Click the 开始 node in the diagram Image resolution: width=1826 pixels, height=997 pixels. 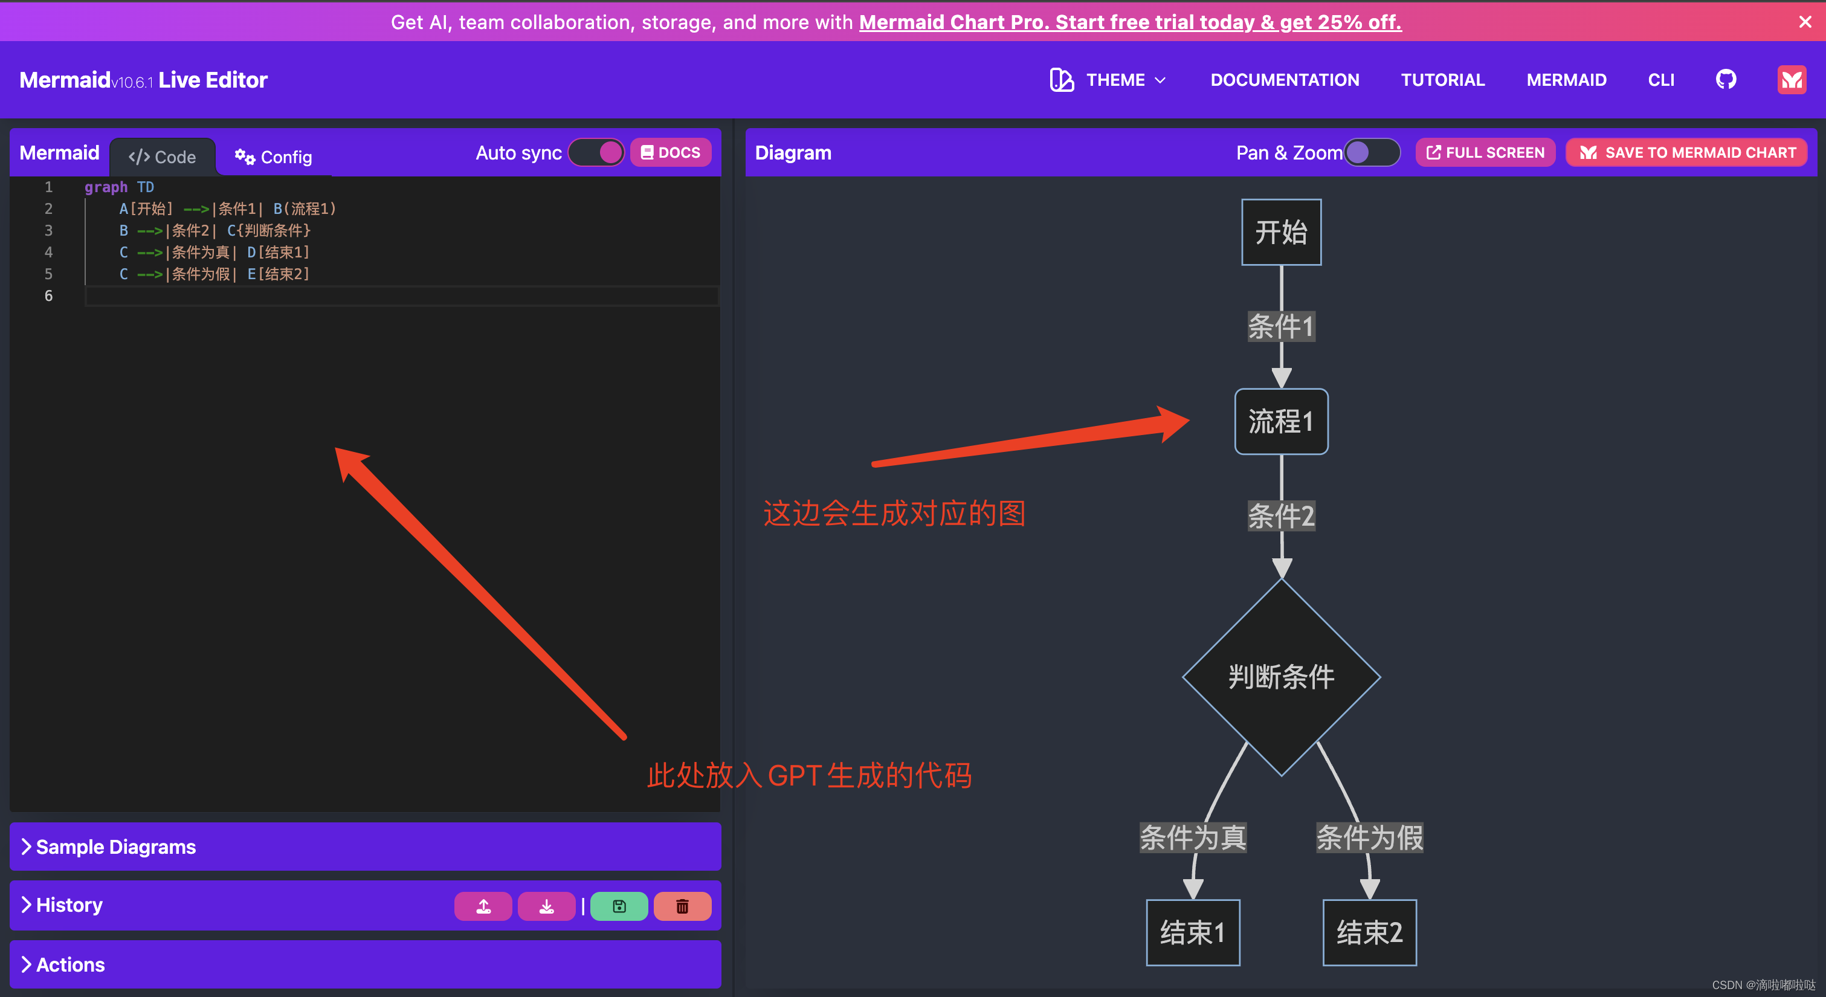coord(1281,233)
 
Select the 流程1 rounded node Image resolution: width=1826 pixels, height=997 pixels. coord(1281,422)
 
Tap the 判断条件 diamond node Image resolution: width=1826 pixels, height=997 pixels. coord(1281,677)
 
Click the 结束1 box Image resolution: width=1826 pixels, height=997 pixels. coord(1192,932)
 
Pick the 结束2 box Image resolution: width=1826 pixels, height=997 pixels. coord(1369,932)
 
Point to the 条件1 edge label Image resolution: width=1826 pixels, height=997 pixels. coord(1281,327)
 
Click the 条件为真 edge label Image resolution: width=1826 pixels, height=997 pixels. coord(1193,838)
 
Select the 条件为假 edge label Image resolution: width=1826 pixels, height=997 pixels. coord(1369,838)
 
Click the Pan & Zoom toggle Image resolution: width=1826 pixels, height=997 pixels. coord(1372,152)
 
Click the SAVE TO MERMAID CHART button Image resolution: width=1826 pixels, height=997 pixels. coord(1687,152)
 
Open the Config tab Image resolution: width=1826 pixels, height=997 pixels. coord(274,156)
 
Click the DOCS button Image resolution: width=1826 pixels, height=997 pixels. coord(671,152)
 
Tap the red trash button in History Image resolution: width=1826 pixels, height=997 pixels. coord(682,906)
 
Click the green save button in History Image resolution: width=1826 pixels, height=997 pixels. coord(619,906)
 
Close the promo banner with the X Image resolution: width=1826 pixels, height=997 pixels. coord(1805,22)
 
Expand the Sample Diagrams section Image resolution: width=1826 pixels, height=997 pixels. coord(116,847)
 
